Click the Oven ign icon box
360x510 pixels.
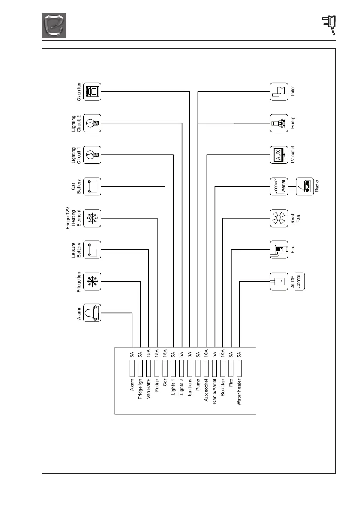(x=92, y=91)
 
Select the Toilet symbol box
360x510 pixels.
(x=279, y=91)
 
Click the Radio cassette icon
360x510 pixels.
(x=305, y=186)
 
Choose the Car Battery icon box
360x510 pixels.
(x=92, y=186)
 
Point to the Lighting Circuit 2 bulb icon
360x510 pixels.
(x=92, y=123)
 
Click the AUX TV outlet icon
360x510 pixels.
(x=279, y=155)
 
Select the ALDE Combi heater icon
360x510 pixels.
(x=279, y=282)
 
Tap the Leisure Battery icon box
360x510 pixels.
(x=92, y=250)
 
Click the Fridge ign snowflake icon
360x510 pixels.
(x=92, y=282)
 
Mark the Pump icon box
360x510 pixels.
(x=279, y=123)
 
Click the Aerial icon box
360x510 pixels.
(x=279, y=186)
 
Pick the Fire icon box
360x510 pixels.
(x=279, y=250)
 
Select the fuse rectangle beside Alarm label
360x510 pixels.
(x=132, y=367)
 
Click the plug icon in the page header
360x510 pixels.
(x=329, y=24)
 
